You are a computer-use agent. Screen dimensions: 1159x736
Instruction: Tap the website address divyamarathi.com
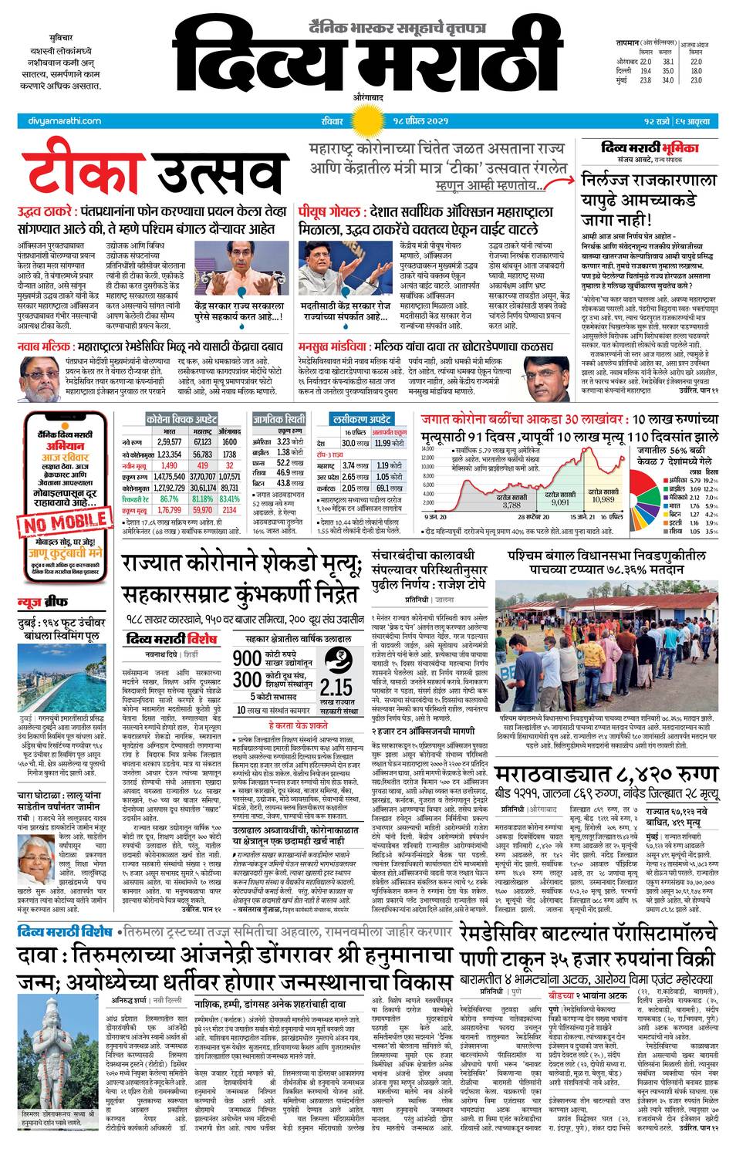click(x=59, y=121)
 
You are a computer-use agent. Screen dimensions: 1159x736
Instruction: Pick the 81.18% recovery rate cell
click(x=202, y=498)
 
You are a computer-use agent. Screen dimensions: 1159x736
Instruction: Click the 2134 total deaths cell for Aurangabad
click(x=229, y=510)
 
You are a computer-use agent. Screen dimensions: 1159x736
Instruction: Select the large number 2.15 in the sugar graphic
click(x=336, y=687)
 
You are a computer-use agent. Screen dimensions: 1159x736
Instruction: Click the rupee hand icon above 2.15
click(x=336, y=661)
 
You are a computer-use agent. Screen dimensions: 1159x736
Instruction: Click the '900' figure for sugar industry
click(x=247, y=658)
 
